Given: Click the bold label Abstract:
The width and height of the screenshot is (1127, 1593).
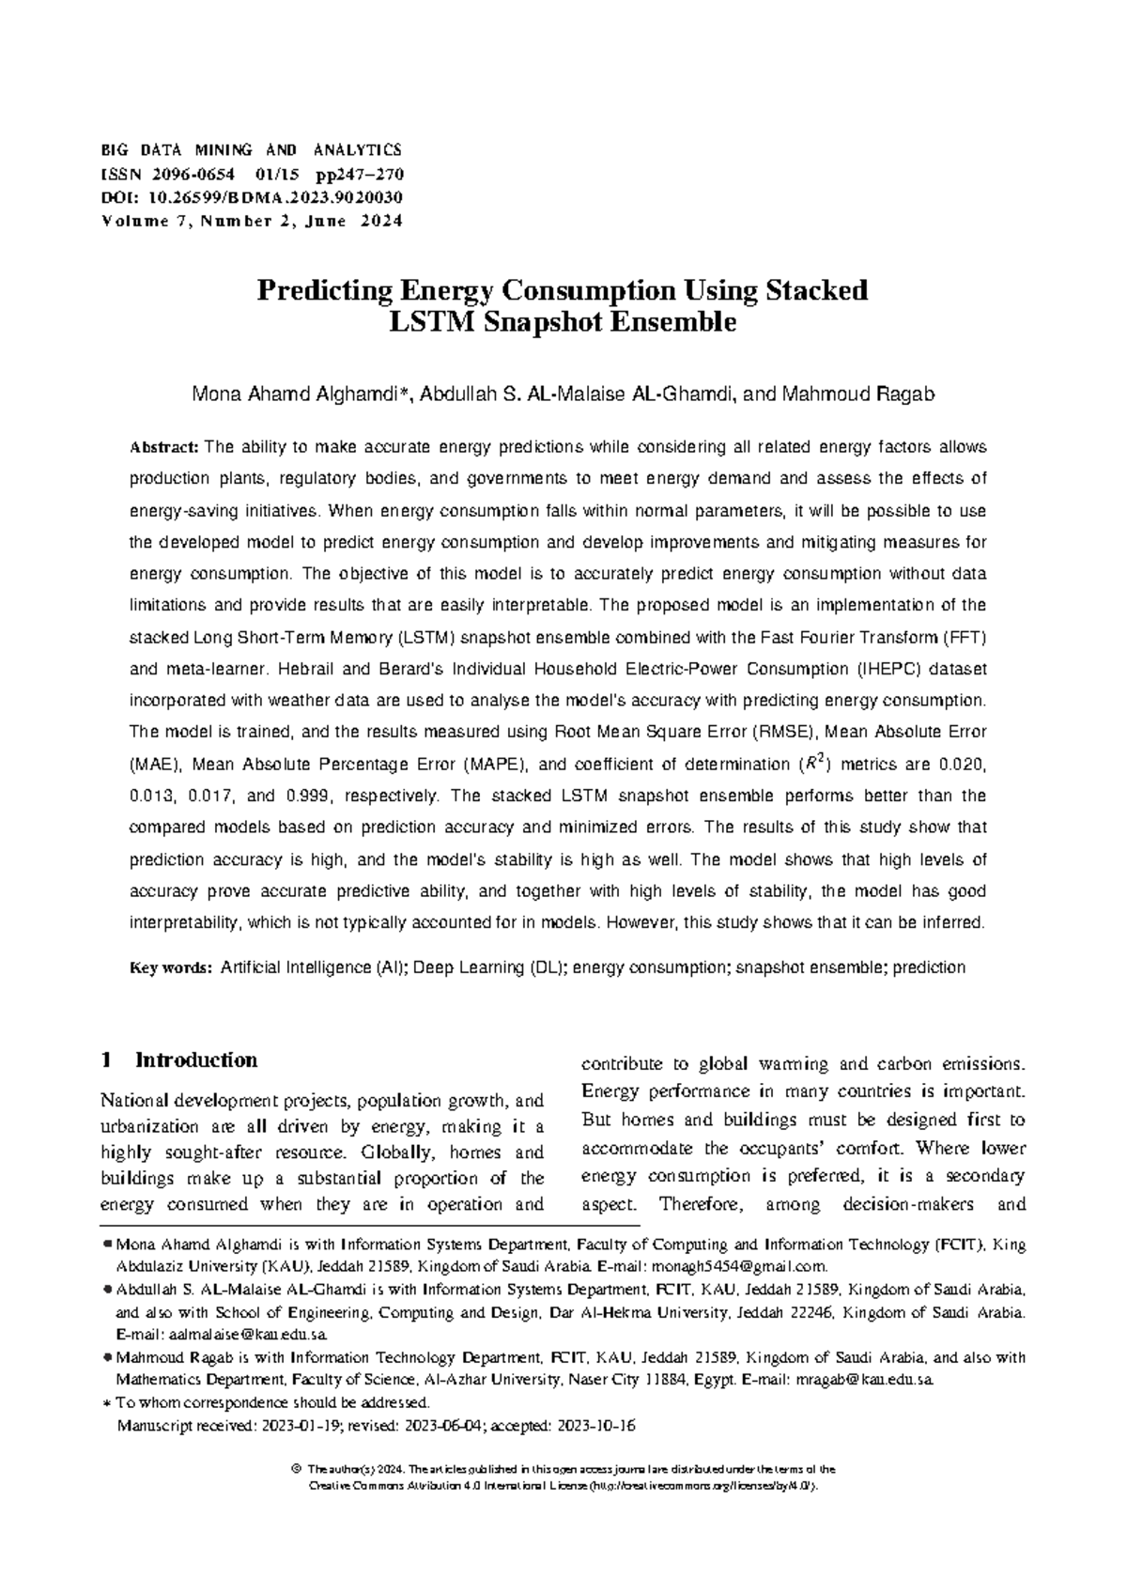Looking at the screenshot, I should [163, 447].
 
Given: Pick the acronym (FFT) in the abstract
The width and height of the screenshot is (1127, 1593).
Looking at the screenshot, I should [965, 638].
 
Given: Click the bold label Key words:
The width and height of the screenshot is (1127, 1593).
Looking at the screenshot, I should [171, 967].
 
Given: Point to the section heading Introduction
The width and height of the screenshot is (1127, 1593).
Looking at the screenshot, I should [196, 1060].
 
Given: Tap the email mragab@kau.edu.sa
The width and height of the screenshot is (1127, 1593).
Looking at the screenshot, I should [864, 1380].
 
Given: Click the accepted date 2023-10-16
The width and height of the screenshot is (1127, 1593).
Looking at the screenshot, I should [596, 1426].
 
